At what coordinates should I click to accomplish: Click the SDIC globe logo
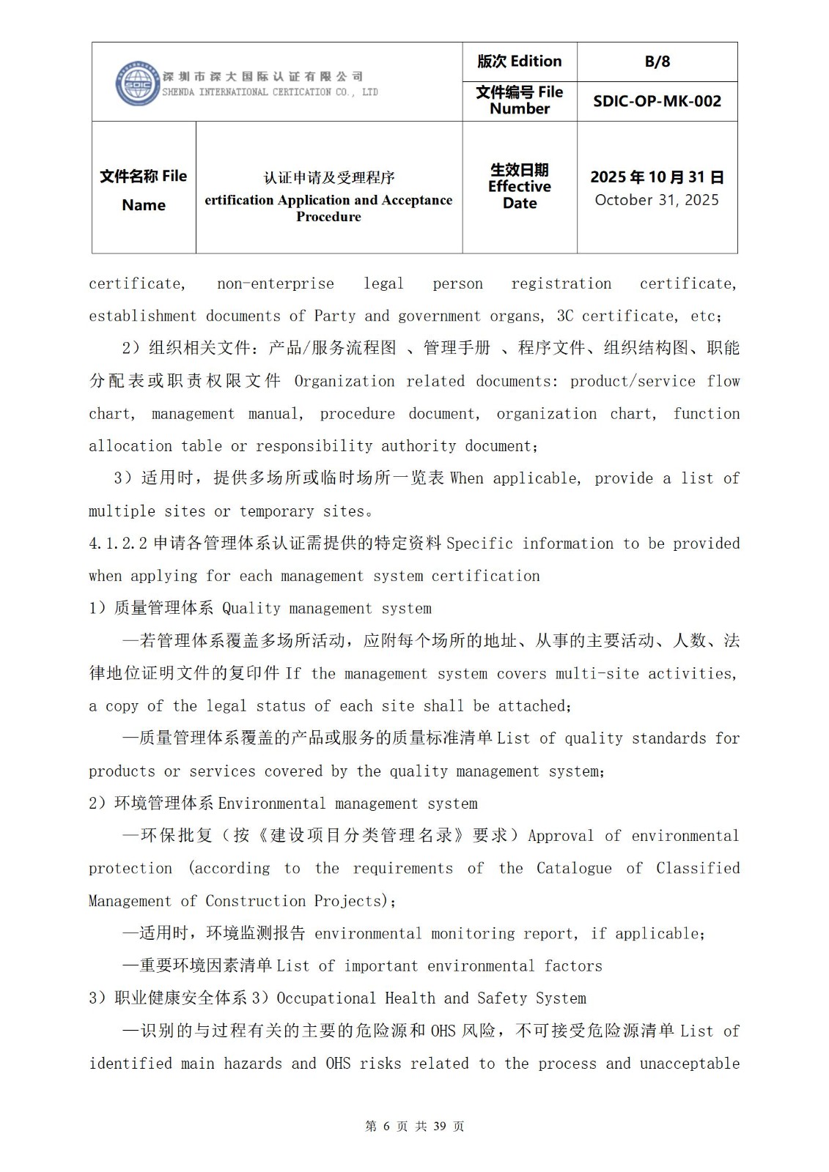point(137,83)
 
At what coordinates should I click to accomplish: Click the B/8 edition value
point(657,62)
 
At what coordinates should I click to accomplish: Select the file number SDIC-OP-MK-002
point(657,102)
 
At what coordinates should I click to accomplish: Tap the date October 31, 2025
point(657,200)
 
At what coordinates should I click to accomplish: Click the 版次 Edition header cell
point(519,62)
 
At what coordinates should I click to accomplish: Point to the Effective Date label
point(519,187)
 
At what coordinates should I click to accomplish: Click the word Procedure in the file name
point(328,217)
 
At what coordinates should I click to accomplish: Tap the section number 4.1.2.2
point(118,544)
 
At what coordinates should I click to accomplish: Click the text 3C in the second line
point(564,316)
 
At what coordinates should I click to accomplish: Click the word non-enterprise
point(275,284)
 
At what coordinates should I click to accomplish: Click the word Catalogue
point(573,869)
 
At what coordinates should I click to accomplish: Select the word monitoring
point(472,934)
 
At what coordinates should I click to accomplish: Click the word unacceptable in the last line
point(689,1064)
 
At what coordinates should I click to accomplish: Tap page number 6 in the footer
point(386,1127)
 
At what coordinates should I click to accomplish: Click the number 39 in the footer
point(440,1127)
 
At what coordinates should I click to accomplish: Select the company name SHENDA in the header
point(178,92)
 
